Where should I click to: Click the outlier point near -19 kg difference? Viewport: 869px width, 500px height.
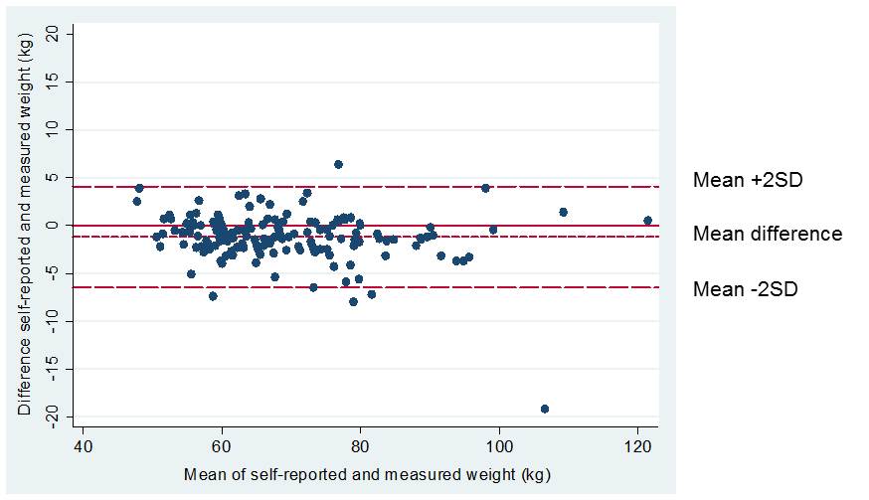545,409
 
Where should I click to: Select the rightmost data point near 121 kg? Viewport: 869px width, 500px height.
647,221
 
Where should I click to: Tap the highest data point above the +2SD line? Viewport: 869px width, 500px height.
338,164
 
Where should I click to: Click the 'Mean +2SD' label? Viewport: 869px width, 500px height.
747,181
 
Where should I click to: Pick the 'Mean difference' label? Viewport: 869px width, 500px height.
767,235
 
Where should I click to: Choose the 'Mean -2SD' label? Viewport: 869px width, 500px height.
745,289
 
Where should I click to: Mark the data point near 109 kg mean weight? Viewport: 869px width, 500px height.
563,212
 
